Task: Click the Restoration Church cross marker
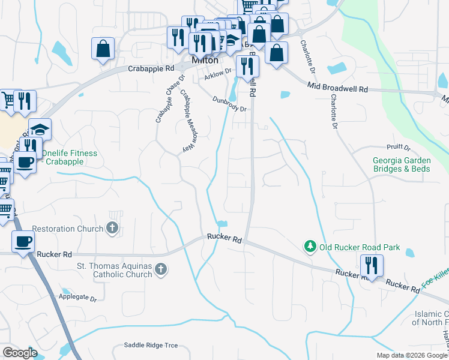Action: [112, 228]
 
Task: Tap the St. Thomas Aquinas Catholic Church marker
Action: [160, 270]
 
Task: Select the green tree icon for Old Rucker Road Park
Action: [310, 246]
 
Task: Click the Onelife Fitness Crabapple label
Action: [69, 158]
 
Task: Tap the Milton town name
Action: [205, 61]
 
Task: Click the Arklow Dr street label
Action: [217, 74]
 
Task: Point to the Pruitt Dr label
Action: [399, 147]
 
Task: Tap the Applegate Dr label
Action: [78, 297]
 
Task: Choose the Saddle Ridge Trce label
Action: [151, 345]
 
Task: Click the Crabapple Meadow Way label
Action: [188, 123]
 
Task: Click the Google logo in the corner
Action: [20, 353]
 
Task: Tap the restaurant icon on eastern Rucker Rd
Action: [371, 265]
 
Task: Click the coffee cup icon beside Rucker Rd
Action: [24, 242]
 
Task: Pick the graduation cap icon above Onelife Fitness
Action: [40, 130]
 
